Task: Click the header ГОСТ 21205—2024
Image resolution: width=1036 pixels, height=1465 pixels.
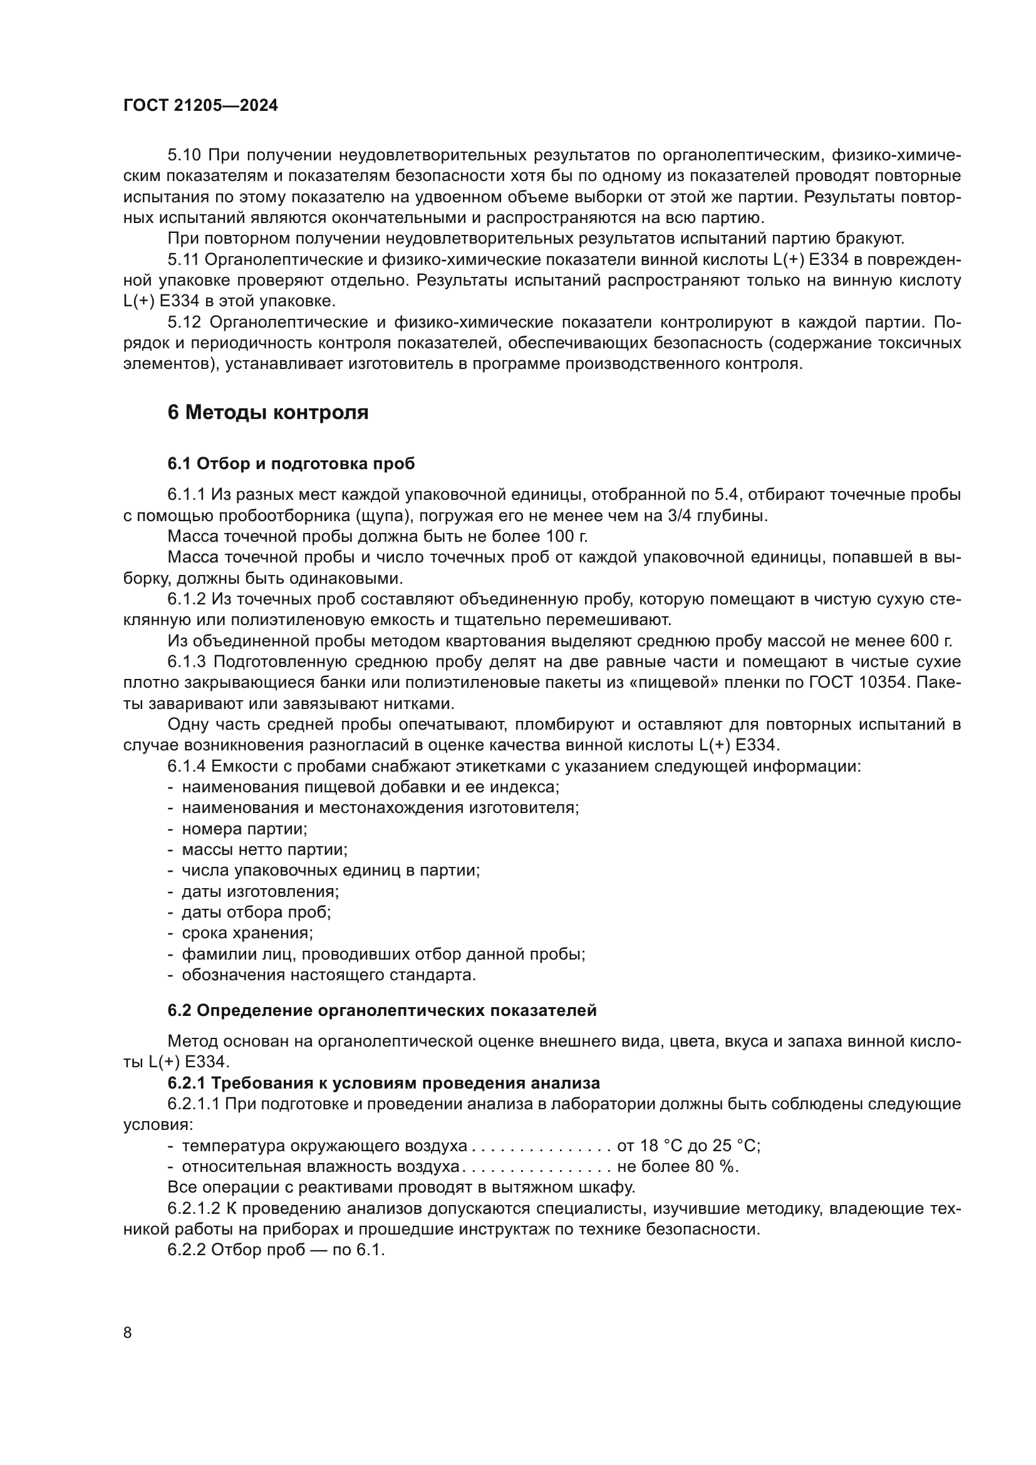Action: point(200,106)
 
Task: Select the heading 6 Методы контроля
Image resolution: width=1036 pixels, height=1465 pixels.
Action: point(268,413)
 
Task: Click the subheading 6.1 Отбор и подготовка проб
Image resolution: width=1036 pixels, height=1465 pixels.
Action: point(291,464)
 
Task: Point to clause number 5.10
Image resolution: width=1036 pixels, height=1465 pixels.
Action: point(184,155)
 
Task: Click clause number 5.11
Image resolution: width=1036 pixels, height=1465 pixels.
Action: point(184,260)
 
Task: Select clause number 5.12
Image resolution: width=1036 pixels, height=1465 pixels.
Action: point(184,322)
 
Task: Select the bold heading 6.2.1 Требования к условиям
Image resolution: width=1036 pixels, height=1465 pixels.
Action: point(383,1084)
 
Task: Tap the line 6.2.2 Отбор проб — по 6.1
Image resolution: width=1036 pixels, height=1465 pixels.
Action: point(276,1250)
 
